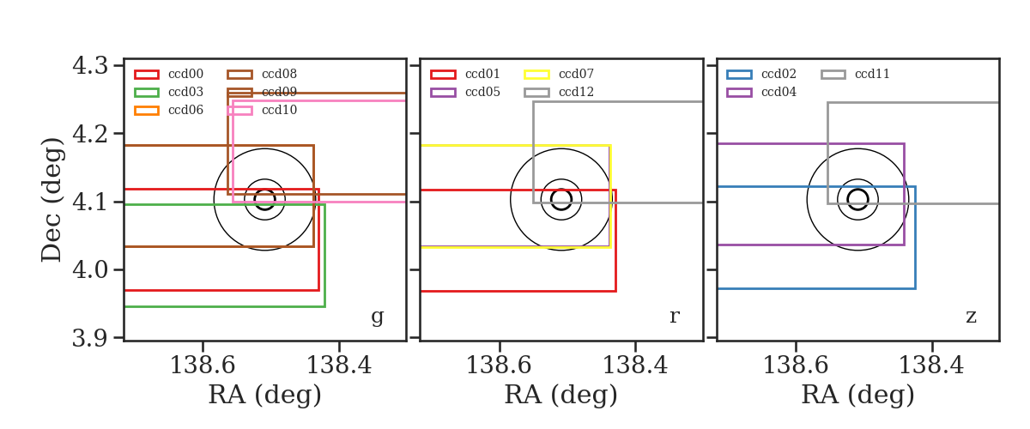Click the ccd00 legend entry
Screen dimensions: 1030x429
(169, 74)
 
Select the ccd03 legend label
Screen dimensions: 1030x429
(185, 92)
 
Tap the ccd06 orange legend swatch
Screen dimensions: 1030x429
(147, 111)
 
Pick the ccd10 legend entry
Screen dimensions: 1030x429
(263, 111)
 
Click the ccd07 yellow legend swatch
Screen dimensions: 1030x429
(536, 75)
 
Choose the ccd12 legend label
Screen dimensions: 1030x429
(576, 92)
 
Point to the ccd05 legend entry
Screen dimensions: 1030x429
(465, 92)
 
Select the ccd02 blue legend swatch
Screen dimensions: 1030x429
(739, 75)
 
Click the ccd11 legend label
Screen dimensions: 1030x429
(872, 74)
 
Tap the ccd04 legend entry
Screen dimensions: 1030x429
(761, 92)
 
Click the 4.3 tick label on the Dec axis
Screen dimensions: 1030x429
(90, 65)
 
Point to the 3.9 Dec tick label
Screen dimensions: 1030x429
(90, 338)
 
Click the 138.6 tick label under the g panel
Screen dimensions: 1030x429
(203, 366)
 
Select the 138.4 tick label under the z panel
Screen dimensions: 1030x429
(931, 366)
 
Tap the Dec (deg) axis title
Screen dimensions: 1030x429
(51, 200)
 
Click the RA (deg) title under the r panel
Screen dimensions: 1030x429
(561, 395)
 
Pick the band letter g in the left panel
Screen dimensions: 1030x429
(377, 317)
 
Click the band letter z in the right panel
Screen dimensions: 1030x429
(971, 317)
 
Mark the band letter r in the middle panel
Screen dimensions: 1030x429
(674, 317)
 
